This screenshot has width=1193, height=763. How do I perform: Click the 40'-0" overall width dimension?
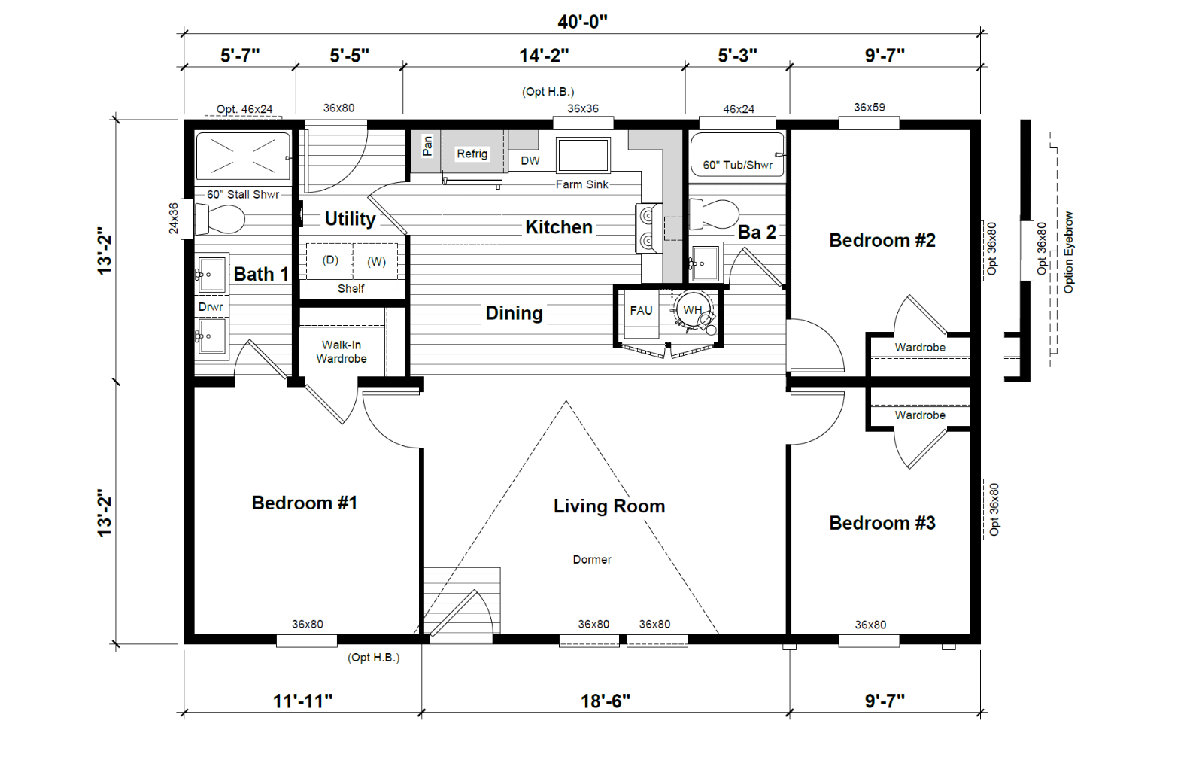[582, 22]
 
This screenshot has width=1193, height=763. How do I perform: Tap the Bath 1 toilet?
[219, 218]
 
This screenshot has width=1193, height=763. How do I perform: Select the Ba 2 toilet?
[714, 213]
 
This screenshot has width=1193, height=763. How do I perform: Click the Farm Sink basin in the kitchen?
[583, 155]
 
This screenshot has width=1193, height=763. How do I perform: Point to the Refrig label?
[472, 154]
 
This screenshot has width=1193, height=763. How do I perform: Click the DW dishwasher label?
[530, 160]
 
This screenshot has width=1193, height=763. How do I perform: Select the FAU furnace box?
[641, 315]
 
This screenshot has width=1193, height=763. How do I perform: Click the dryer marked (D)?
[329, 261]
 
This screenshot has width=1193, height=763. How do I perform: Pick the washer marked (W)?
[375, 261]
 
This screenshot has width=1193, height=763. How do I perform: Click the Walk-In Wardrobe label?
[342, 351]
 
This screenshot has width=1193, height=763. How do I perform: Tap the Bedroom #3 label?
[882, 523]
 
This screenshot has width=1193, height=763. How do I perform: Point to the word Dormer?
[592, 560]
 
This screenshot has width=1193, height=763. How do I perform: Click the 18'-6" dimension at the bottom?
[605, 701]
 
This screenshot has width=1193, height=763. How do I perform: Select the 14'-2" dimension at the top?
[544, 56]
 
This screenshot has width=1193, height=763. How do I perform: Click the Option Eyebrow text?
[1068, 253]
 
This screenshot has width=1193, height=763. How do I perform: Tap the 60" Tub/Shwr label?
[737, 166]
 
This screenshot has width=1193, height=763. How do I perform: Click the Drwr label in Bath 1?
[211, 307]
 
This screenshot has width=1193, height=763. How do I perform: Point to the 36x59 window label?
[870, 108]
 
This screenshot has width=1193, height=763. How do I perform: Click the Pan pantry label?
[427, 145]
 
